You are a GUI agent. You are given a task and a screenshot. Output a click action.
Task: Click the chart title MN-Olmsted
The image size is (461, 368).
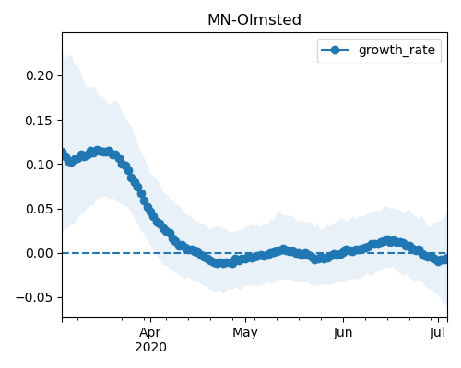(254, 20)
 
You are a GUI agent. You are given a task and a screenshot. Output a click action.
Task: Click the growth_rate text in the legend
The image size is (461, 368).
(396, 50)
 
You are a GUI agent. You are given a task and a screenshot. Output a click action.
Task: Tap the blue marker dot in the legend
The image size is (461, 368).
(335, 50)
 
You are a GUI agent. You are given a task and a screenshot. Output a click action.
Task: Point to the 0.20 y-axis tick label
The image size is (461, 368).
(40, 75)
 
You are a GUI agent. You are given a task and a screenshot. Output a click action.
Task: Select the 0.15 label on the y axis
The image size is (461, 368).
(40, 121)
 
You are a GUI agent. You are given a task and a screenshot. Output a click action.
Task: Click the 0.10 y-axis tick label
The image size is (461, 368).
(40, 165)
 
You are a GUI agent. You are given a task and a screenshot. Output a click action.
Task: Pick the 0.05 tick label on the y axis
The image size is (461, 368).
(40, 209)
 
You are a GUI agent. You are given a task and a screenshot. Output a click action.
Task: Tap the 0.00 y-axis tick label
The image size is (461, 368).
(40, 253)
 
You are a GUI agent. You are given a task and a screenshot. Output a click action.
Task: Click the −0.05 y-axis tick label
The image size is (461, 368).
(35, 297)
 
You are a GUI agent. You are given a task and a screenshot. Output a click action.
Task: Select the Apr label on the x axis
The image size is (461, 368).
(150, 333)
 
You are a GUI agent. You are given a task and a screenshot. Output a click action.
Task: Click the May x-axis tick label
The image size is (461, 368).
(245, 333)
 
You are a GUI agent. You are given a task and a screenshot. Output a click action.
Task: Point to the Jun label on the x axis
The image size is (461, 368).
(343, 333)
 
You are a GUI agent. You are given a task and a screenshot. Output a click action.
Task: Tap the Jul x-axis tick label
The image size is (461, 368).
(438, 333)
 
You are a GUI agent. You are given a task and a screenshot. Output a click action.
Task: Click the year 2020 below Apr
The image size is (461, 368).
(150, 348)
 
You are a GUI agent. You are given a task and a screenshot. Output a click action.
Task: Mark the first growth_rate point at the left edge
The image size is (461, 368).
(63, 153)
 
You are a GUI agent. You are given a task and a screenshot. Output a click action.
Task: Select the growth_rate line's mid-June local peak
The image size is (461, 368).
(388, 240)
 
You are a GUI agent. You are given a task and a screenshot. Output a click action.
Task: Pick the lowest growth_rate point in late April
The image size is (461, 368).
(218, 263)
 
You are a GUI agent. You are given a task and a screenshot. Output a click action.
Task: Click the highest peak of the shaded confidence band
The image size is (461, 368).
(70, 55)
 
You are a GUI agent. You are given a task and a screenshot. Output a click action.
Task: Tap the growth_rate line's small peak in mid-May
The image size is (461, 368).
(283, 249)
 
